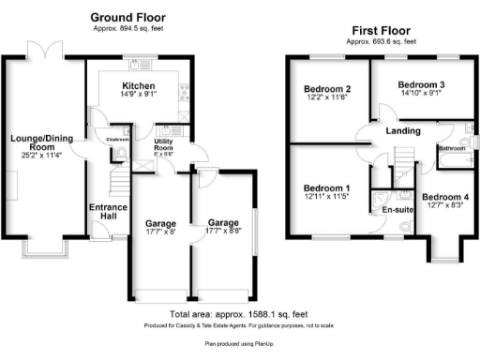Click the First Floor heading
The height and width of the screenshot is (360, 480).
pyautogui.click(x=383, y=31)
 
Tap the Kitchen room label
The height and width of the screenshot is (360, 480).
pyautogui.click(x=132, y=82)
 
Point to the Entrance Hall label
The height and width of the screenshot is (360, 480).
pyautogui.click(x=107, y=213)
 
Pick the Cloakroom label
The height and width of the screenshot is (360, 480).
pyautogui.click(x=116, y=138)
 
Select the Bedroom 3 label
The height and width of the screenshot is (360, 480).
pyautogui.click(x=420, y=84)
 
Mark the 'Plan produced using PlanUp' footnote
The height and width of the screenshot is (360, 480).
pyautogui.click(x=240, y=344)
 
